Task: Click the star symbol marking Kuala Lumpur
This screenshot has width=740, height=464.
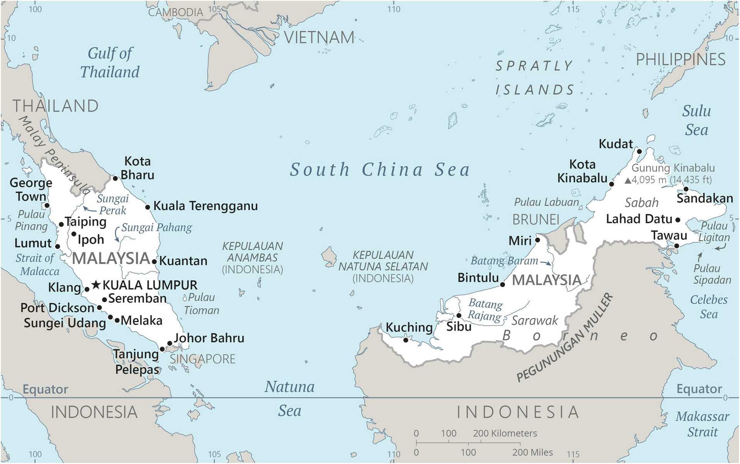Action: click(x=96, y=285)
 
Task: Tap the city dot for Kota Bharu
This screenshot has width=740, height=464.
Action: click(x=115, y=178)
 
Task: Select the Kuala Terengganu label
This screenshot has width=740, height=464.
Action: click(x=205, y=206)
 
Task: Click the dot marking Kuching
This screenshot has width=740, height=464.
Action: click(x=405, y=340)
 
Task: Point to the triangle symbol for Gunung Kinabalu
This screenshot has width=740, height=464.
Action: click(x=628, y=180)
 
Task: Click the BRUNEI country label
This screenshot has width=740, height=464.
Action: click(x=535, y=220)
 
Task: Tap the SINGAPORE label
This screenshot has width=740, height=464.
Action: click(x=203, y=359)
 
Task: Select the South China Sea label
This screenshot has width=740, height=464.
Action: click(x=380, y=170)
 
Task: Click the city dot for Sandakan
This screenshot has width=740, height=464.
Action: click(x=686, y=189)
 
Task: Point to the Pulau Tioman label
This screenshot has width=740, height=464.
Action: click(x=201, y=304)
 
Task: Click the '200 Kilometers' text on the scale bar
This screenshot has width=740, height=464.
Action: click(x=505, y=433)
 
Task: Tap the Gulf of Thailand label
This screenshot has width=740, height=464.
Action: click(x=110, y=62)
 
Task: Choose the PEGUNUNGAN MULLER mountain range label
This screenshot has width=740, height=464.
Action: click(x=565, y=337)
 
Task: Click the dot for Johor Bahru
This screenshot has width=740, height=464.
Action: click(x=169, y=343)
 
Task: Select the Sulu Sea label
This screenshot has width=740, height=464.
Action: click(x=696, y=120)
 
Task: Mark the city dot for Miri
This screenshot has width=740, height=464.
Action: click(x=538, y=240)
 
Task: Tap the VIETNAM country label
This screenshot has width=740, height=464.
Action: click(x=319, y=37)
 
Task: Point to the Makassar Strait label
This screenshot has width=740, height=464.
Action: click(x=702, y=424)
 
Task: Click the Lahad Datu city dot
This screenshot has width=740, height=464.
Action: click(x=678, y=220)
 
